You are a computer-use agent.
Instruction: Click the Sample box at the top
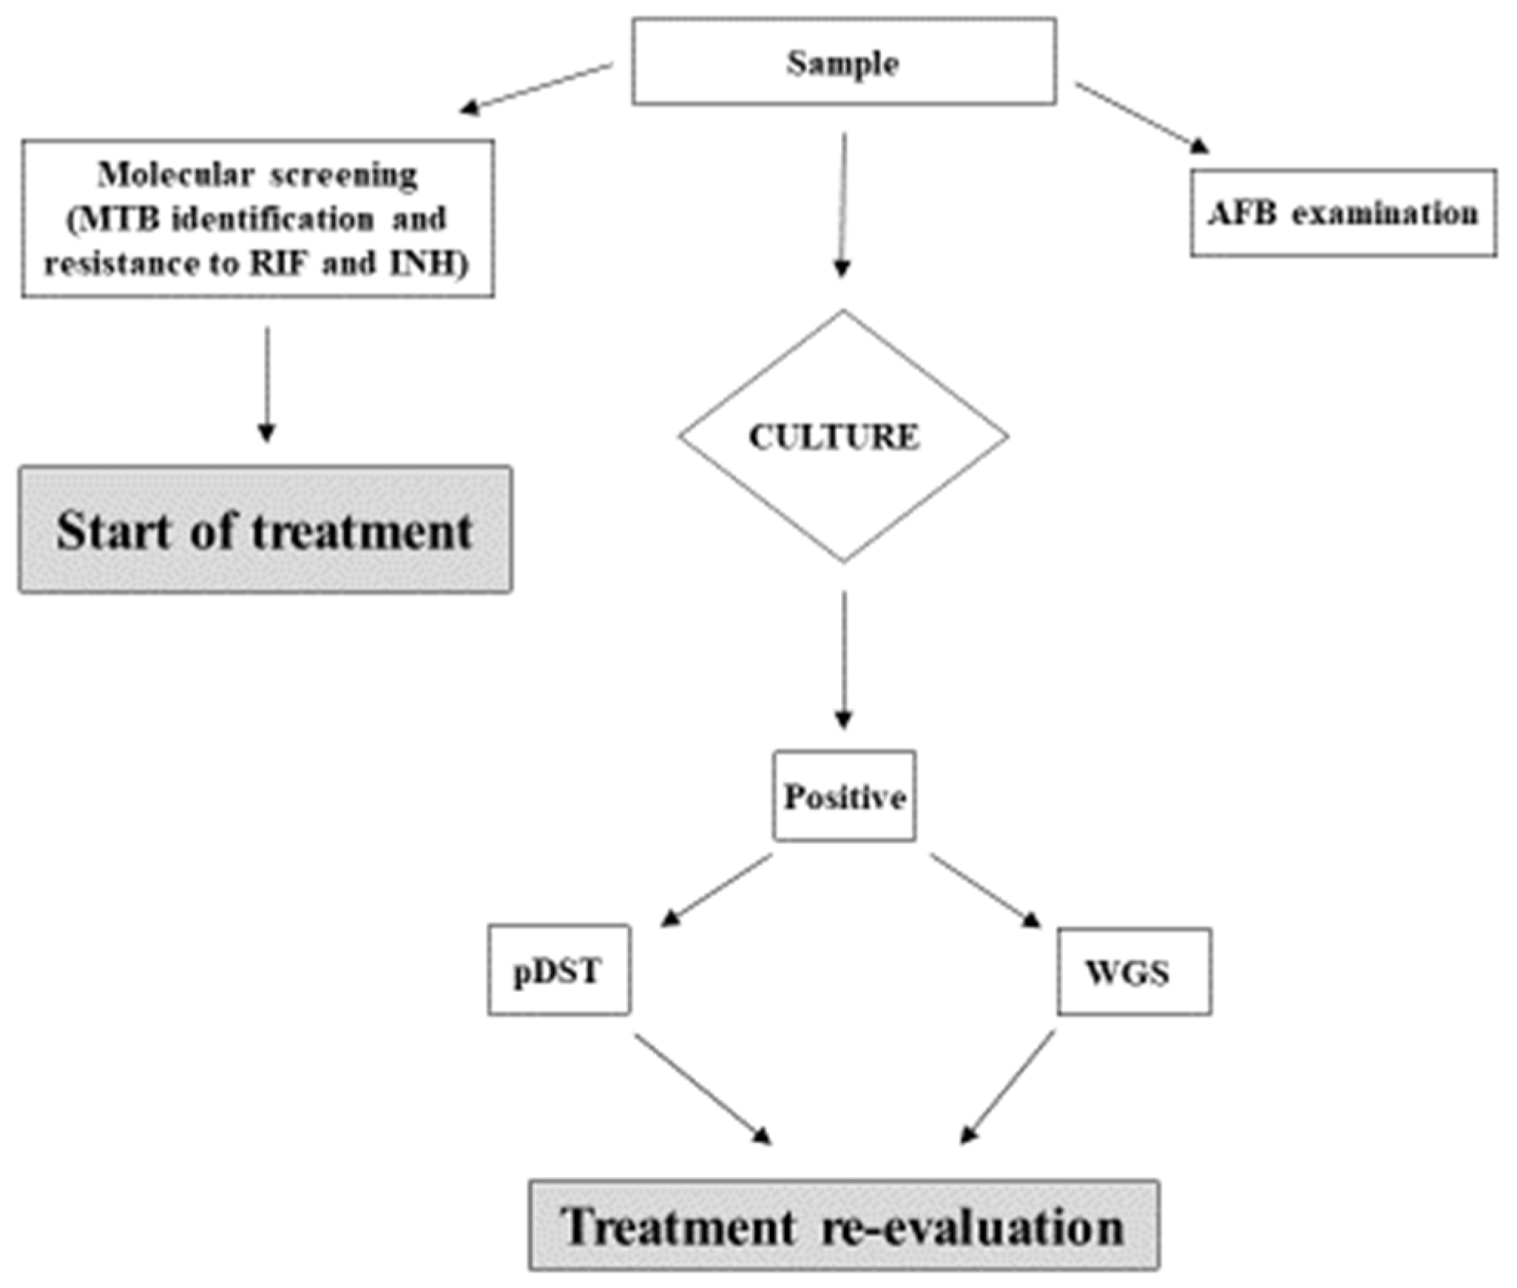(843, 62)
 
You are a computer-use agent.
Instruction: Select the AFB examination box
(1342, 213)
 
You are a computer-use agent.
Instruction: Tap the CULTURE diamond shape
(842, 436)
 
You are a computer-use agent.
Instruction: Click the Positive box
(844, 797)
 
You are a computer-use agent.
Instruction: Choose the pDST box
(558, 971)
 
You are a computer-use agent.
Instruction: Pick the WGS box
(1132, 972)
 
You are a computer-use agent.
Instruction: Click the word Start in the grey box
(113, 531)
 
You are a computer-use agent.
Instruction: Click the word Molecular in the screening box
(176, 175)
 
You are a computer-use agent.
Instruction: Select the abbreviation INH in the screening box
(423, 263)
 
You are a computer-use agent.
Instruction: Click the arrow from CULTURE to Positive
(843, 658)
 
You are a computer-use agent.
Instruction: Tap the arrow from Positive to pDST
(716, 890)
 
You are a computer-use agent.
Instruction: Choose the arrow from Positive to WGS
(984, 890)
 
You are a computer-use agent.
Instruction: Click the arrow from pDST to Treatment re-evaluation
(703, 1090)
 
